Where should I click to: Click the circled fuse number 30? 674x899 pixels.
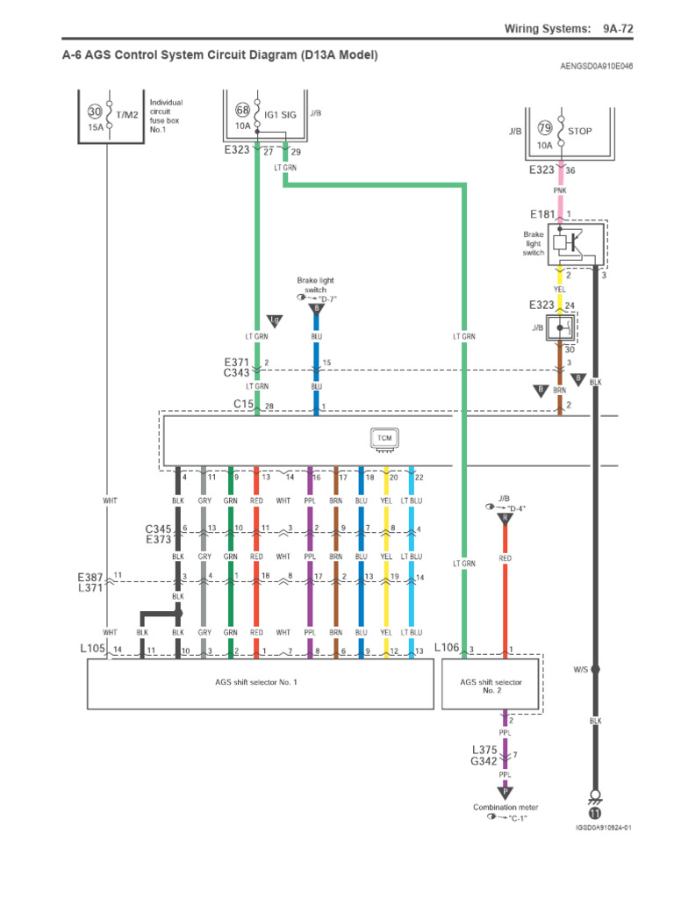(x=95, y=111)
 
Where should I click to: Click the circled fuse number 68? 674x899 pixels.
(x=243, y=111)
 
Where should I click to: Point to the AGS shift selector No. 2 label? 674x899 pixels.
(x=491, y=686)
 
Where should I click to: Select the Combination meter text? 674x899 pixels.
(x=505, y=807)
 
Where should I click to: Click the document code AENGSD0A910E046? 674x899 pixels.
(x=596, y=66)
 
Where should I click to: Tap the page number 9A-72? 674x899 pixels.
(x=617, y=29)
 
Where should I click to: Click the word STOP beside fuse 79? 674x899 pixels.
(x=580, y=131)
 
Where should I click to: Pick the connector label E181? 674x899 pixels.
(x=543, y=213)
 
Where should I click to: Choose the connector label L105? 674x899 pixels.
(x=93, y=649)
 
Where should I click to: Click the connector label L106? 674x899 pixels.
(x=447, y=649)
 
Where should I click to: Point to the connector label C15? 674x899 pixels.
(x=243, y=405)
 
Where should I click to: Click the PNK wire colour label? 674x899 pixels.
(x=560, y=190)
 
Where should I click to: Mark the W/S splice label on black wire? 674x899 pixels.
(x=581, y=669)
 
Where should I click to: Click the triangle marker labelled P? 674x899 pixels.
(x=505, y=790)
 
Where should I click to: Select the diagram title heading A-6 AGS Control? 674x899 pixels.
(x=219, y=55)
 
